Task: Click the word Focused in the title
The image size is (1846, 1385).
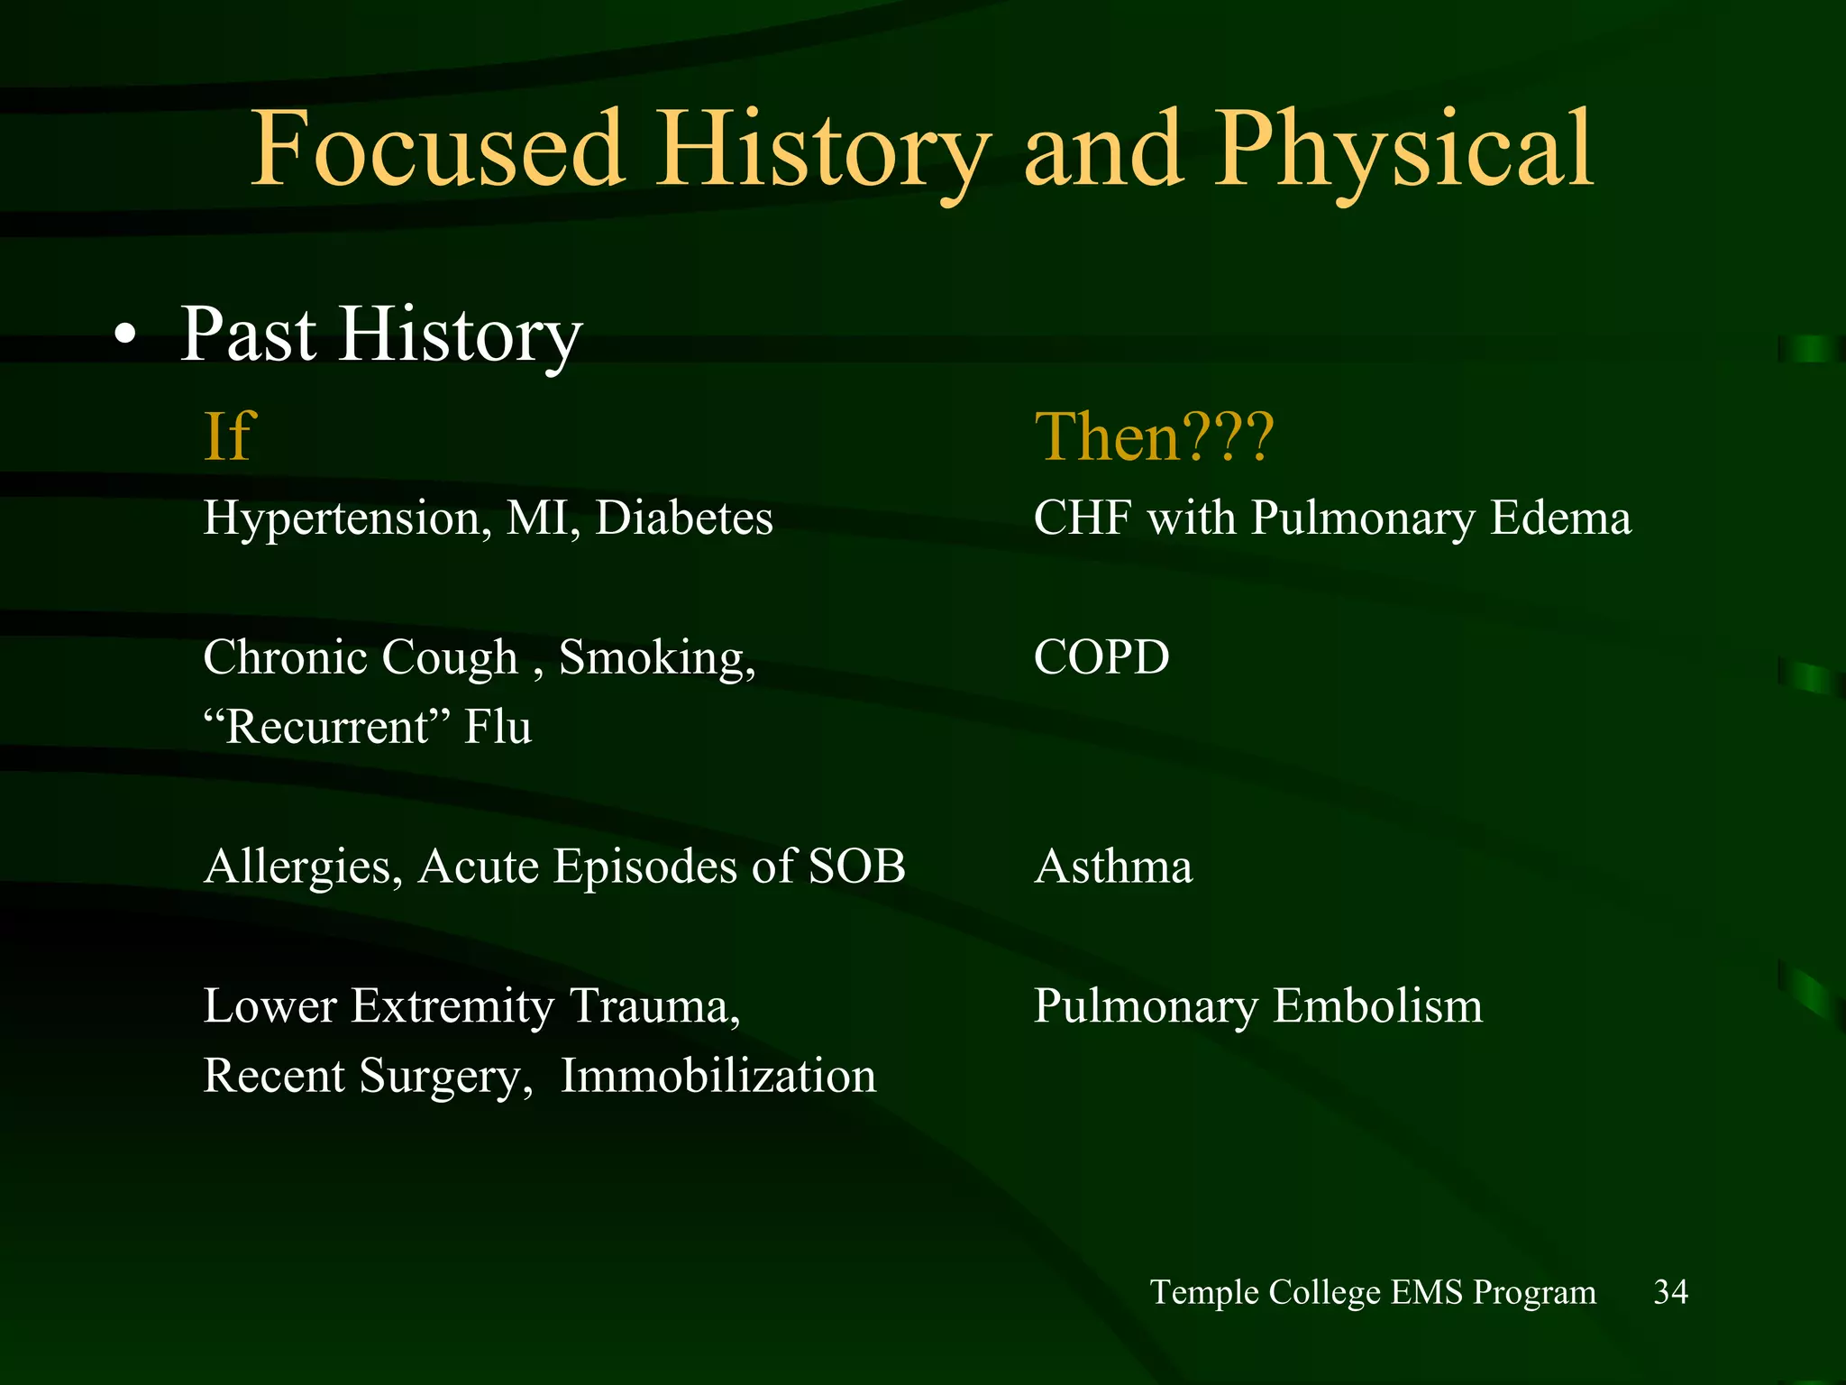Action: pyautogui.click(x=436, y=149)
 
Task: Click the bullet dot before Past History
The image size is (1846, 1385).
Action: pyautogui.click(x=125, y=337)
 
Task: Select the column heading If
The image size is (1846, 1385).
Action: pyautogui.click(x=230, y=436)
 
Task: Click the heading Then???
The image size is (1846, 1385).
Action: pyautogui.click(x=1154, y=436)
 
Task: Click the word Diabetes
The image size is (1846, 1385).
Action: pyautogui.click(x=683, y=518)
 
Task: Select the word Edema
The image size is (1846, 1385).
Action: pyautogui.click(x=1559, y=518)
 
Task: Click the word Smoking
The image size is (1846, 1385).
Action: pyautogui.click(x=656, y=658)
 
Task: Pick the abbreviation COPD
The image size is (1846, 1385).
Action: pyautogui.click(x=1101, y=656)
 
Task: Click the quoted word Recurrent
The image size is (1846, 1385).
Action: pyautogui.click(x=327, y=727)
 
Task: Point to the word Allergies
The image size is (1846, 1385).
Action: pyautogui.click(x=303, y=867)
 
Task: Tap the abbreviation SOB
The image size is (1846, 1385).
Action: pyautogui.click(x=856, y=866)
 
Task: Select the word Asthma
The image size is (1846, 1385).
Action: pyautogui.click(x=1113, y=867)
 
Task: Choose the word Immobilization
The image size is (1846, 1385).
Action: pyautogui.click(x=717, y=1076)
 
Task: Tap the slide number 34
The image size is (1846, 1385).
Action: pyautogui.click(x=1670, y=1292)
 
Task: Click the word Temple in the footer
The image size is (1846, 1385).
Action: pyautogui.click(x=1204, y=1293)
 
